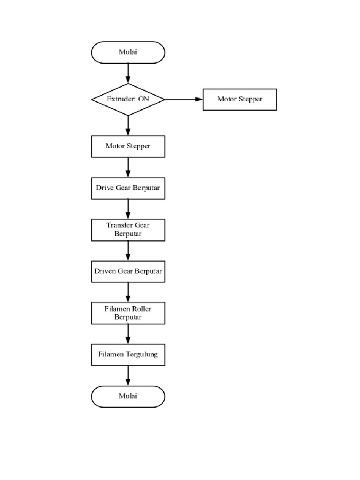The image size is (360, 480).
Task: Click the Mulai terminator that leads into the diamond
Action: pyautogui.click(x=127, y=52)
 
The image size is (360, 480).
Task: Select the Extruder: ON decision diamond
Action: pyautogui.click(x=128, y=99)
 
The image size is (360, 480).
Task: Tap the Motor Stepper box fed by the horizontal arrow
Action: pyautogui.click(x=240, y=99)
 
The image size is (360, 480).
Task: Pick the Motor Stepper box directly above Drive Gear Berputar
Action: pyautogui.click(x=128, y=146)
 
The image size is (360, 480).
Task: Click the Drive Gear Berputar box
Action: pyautogui.click(x=128, y=188)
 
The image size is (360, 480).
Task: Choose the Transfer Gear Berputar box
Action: pyautogui.click(x=128, y=229)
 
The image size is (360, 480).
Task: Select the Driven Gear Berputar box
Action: pyautogui.click(x=128, y=271)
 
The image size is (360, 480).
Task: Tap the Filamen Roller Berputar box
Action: pyautogui.click(x=128, y=313)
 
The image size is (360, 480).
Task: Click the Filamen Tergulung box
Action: pyautogui.click(x=128, y=354)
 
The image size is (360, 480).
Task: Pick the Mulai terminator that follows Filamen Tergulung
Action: pyautogui.click(x=128, y=397)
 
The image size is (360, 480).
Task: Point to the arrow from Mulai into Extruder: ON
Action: pyautogui.click(x=128, y=74)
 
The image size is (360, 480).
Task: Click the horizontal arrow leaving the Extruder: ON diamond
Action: pyautogui.click(x=183, y=99)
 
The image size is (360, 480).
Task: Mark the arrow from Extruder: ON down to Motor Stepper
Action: pyautogui.click(x=128, y=126)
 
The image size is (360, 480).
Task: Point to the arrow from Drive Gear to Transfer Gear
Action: pyautogui.click(x=128, y=209)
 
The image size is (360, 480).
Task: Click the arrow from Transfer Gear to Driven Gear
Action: pyautogui.click(x=128, y=250)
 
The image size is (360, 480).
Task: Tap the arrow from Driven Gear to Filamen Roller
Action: pyautogui.click(x=128, y=292)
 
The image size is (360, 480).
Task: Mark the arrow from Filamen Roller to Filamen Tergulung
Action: pyautogui.click(x=128, y=334)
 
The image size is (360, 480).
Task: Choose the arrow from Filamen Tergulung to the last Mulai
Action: pyautogui.click(x=128, y=375)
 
